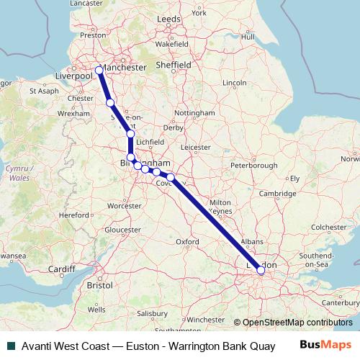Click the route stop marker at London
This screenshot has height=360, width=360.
261,271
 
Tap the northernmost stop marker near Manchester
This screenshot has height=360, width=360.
99,70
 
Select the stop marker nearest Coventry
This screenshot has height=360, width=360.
171,177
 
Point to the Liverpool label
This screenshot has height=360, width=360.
73,75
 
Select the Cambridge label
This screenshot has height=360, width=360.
278,194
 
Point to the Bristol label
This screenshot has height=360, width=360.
99,285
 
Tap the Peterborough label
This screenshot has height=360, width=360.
253,166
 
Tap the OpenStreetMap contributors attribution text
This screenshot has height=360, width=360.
297,323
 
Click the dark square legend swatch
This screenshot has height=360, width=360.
9,346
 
